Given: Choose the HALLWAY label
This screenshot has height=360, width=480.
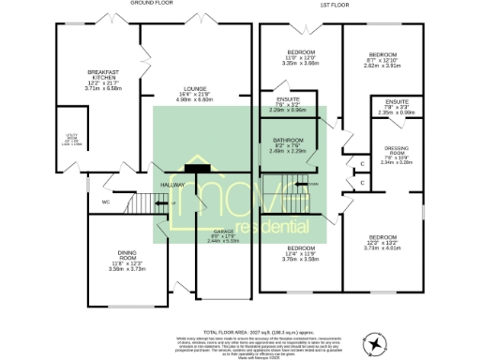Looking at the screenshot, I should [172, 185].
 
